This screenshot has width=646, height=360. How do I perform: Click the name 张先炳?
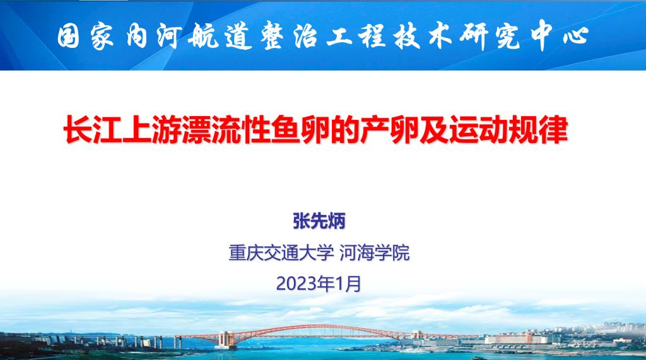[319, 221]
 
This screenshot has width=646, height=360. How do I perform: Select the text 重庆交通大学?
[281, 252]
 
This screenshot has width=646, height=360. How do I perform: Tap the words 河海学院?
[375, 252]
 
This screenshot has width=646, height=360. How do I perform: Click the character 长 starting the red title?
[78, 130]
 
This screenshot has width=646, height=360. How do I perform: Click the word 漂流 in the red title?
[197, 130]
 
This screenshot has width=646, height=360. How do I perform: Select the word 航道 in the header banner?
[220, 36]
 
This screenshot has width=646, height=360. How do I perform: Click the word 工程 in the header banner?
[356, 35]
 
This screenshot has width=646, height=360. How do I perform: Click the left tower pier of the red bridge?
[225, 339]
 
